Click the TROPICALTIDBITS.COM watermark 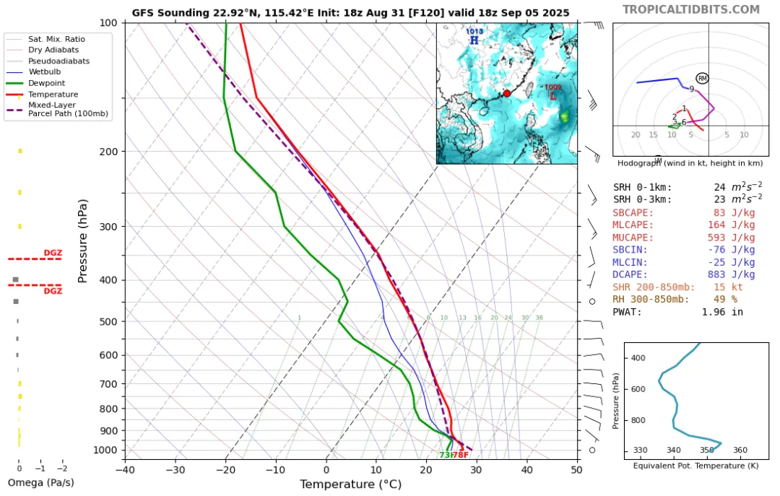click(691, 9)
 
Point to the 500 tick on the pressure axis click(107, 321)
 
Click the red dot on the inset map click(507, 93)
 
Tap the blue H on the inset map click(474, 40)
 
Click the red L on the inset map click(553, 95)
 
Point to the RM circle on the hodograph click(702, 78)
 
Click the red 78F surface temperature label click(460, 455)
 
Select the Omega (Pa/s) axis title click(41, 482)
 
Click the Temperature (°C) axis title click(350, 484)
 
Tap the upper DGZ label click(53, 253)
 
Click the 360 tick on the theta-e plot click(740, 451)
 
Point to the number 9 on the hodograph click(691, 89)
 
